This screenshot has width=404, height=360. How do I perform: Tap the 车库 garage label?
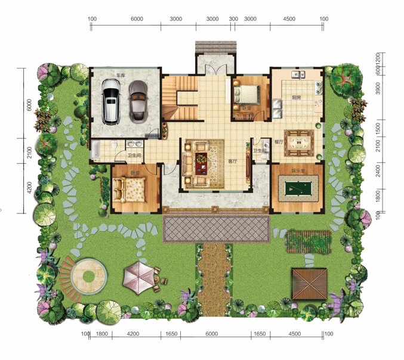[121, 75]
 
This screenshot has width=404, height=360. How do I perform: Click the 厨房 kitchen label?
[296, 97]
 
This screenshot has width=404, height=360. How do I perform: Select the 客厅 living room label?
[233, 161]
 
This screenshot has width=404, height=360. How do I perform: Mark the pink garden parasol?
[137, 277]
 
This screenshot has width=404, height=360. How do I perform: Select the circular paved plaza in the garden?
[89, 276]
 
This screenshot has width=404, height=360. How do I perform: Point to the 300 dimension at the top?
[233, 19]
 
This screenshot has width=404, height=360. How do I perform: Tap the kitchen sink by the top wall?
[297, 75]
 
